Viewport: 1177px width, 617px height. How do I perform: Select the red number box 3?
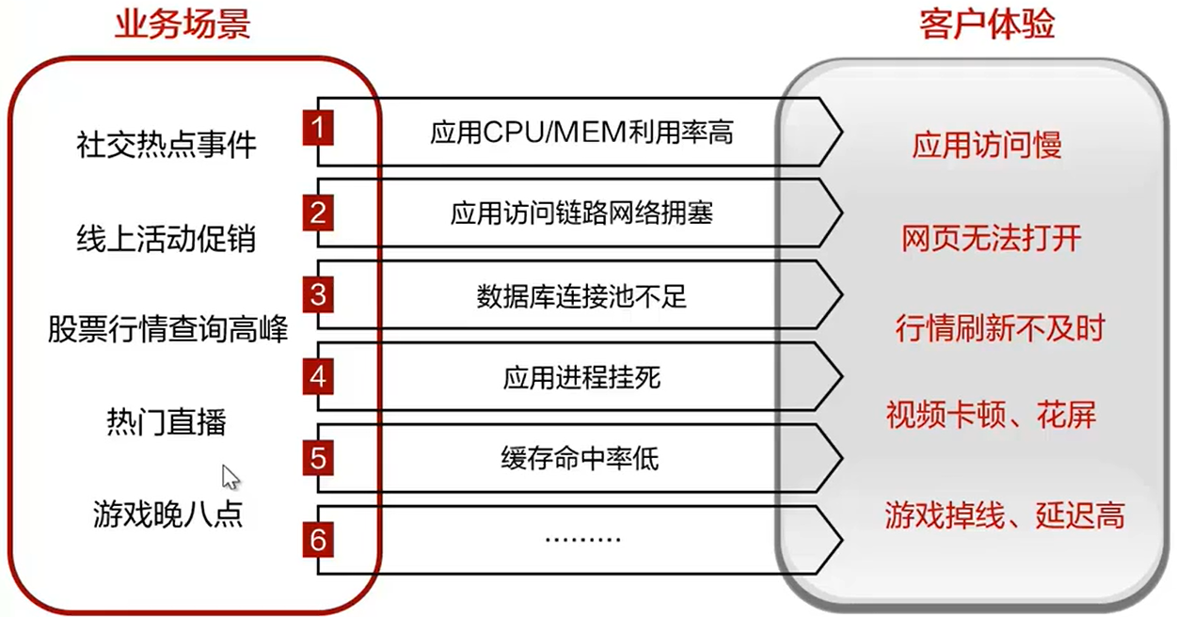(319, 295)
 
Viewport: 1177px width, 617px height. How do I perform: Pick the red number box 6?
(319, 540)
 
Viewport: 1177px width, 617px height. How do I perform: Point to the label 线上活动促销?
(166, 239)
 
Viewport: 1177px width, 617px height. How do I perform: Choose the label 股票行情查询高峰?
(167, 330)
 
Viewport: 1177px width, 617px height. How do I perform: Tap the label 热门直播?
(167, 422)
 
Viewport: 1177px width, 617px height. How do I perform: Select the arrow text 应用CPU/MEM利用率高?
(581, 133)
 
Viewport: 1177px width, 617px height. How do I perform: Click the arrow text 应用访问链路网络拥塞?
(581, 214)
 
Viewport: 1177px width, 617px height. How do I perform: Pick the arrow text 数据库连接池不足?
(581, 297)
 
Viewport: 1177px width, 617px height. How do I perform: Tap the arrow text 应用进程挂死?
(581, 378)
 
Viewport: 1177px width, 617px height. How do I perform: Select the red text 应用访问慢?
(987, 145)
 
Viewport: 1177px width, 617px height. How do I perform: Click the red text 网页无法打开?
(992, 238)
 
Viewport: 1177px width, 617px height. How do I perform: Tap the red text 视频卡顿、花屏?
(991, 414)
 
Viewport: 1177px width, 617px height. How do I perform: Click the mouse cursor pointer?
(230, 476)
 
